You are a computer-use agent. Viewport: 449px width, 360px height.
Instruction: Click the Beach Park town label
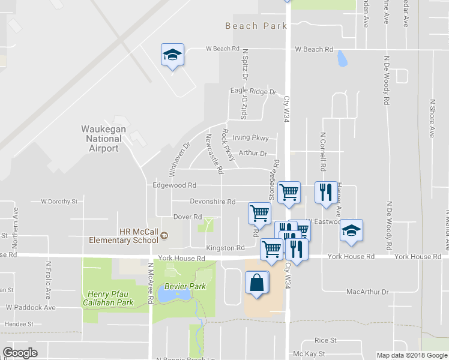(x=256, y=26)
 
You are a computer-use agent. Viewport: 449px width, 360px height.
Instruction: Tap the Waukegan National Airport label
(x=104, y=139)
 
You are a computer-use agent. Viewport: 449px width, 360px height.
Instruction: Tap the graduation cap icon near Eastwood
(x=352, y=230)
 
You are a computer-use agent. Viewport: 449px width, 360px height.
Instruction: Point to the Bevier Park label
(x=185, y=286)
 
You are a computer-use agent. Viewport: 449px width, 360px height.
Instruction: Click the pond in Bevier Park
(x=169, y=295)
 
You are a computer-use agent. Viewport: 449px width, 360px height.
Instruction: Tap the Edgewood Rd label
(x=175, y=185)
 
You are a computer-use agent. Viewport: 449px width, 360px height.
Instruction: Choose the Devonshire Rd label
(x=212, y=202)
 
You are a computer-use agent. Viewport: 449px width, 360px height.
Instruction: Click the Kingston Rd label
(x=225, y=248)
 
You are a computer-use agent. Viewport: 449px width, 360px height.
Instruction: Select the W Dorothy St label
(x=59, y=202)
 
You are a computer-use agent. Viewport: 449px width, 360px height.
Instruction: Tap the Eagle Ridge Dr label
(x=253, y=92)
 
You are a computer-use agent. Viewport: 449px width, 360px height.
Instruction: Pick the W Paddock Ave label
(x=31, y=307)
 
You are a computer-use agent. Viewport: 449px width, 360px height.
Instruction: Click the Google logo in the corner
(x=20, y=353)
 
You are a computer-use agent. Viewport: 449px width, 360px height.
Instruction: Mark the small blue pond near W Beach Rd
(x=342, y=58)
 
